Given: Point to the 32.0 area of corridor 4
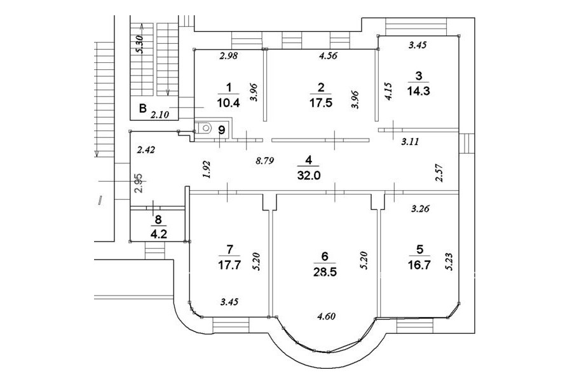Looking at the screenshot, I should [308, 172].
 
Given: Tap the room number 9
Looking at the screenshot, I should [221, 130].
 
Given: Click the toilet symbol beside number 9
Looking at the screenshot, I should [205, 127].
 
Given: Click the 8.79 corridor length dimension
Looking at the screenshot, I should [265, 161].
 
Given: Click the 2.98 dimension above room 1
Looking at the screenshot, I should [228, 56].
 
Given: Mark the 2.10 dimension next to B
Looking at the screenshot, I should [160, 116].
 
